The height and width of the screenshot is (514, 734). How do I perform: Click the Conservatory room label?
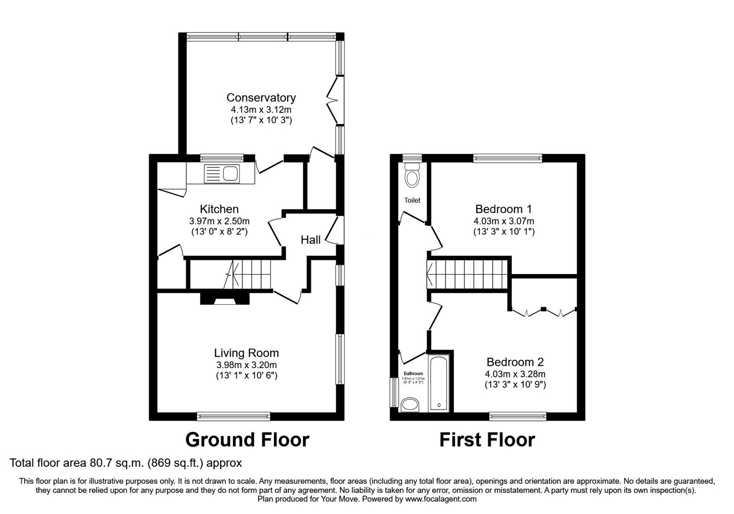[261, 97]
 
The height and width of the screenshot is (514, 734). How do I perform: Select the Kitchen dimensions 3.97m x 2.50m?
[219, 221]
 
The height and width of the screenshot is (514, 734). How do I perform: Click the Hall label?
[311, 240]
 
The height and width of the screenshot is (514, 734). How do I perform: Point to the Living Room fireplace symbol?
[225, 300]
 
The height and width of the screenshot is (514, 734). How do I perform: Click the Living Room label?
[246, 353]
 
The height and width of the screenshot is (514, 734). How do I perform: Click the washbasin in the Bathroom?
[409, 405]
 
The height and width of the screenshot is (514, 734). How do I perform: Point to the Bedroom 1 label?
[503, 209]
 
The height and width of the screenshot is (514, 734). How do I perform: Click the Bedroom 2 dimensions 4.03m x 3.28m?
[515, 374]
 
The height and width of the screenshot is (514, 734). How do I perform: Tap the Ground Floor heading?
[247, 440]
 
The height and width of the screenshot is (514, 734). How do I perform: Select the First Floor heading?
[487, 440]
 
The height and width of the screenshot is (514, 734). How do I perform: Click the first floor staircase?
[468, 274]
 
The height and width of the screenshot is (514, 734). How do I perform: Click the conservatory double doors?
[334, 100]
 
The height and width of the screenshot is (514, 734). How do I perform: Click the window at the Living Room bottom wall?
[234, 416]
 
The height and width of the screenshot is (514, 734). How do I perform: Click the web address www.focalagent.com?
[441, 499]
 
